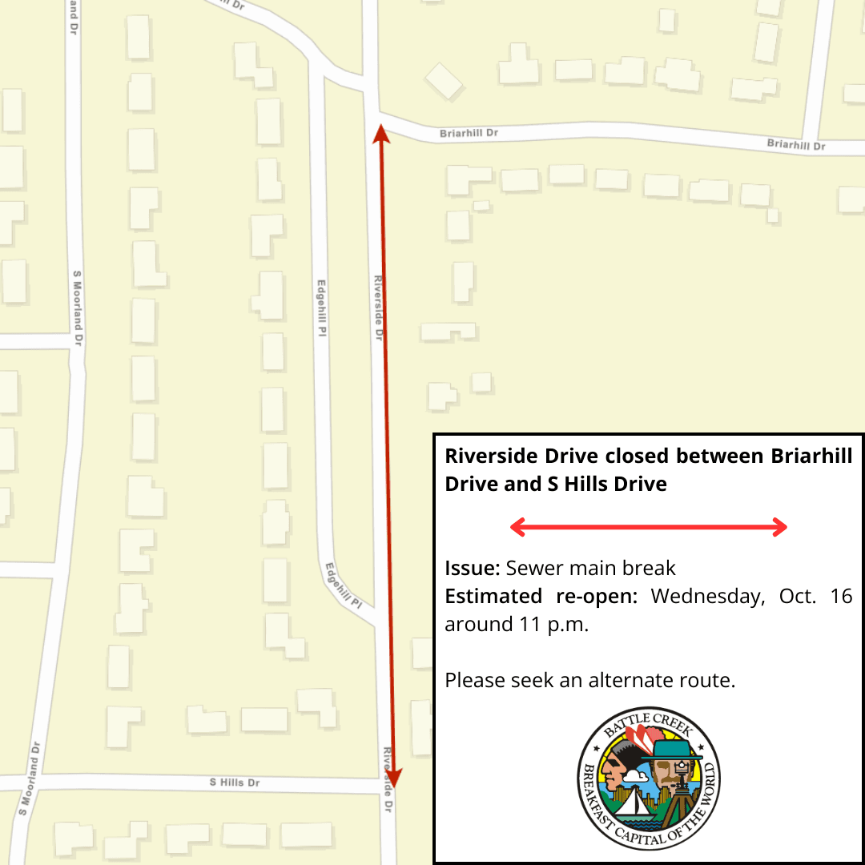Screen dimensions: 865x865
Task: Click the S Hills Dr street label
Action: [x=235, y=782]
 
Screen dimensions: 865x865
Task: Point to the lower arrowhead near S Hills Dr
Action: [x=396, y=778]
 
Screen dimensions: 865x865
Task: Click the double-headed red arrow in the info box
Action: [x=649, y=526]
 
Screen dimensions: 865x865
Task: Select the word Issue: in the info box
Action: [x=473, y=569]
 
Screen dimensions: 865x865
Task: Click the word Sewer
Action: [x=534, y=569]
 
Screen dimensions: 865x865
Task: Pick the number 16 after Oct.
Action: [x=841, y=597]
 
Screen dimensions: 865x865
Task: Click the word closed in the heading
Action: [x=638, y=457]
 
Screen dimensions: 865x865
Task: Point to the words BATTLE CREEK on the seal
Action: [x=649, y=723]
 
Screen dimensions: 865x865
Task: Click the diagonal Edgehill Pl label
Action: [x=345, y=585]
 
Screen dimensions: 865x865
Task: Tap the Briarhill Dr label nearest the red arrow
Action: [x=469, y=133]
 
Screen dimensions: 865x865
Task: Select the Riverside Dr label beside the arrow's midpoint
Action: [x=378, y=308]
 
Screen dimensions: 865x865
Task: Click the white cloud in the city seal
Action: [x=637, y=774]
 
